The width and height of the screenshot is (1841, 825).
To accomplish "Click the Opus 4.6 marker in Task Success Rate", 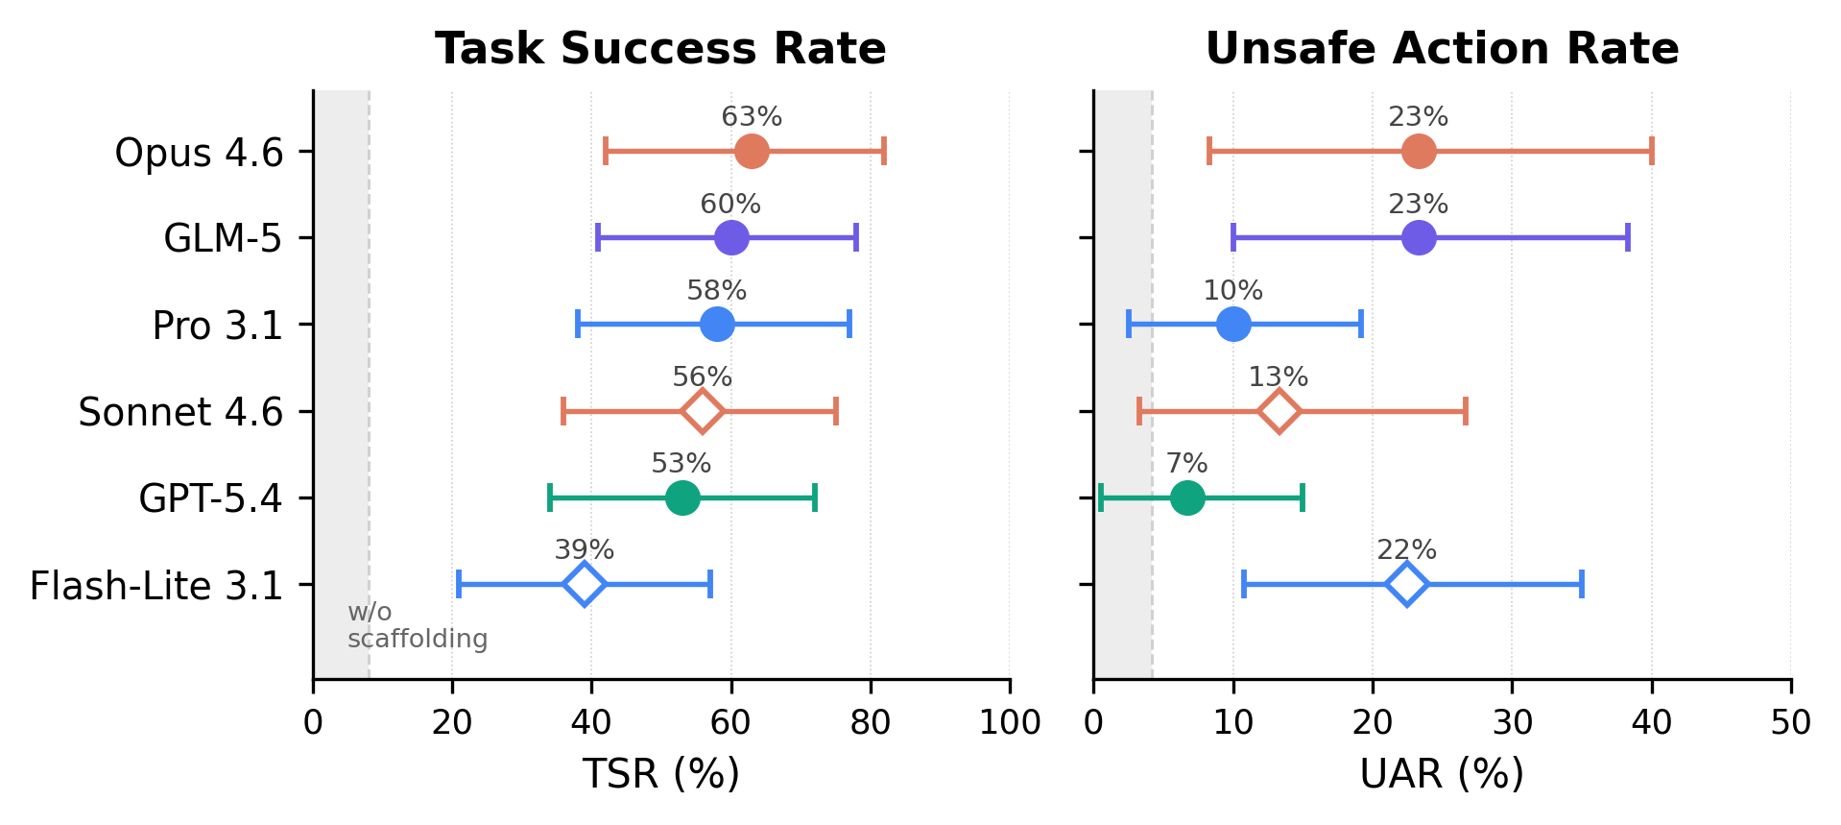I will (x=752, y=152).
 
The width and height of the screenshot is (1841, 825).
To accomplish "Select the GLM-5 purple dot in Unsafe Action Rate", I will (x=1419, y=238).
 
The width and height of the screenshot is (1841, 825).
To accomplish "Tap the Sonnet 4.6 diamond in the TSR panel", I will (x=703, y=412).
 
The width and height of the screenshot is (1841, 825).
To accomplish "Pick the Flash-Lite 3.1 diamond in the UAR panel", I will (x=1407, y=585).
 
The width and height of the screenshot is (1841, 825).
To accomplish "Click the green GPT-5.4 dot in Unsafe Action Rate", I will (x=1187, y=498).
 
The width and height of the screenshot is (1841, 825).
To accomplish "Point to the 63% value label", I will (x=752, y=117).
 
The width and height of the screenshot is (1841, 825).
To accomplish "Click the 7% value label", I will (x=1186, y=464).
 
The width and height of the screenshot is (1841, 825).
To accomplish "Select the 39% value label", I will (x=584, y=550).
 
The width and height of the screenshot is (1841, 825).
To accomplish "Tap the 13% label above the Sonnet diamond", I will (x=1278, y=377).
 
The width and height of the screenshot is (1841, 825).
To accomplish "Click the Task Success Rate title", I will (x=660, y=49).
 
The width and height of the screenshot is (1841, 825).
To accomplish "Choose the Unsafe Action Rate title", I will (x=1442, y=49).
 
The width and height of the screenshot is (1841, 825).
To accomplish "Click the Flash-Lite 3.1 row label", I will (x=156, y=586).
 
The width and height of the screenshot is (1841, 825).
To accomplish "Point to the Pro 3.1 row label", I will (x=218, y=326).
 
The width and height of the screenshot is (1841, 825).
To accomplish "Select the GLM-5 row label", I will (x=223, y=238).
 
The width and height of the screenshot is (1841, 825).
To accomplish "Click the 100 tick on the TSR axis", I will (x=1010, y=722).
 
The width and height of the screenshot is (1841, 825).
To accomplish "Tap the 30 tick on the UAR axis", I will (x=1512, y=722).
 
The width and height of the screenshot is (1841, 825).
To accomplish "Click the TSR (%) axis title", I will (x=660, y=774).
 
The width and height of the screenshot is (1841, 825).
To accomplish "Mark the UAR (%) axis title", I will (x=1442, y=774).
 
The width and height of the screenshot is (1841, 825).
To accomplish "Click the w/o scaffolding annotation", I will (x=417, y=625).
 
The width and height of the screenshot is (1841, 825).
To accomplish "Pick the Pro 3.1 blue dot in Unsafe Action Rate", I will (x=1233, y=325).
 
